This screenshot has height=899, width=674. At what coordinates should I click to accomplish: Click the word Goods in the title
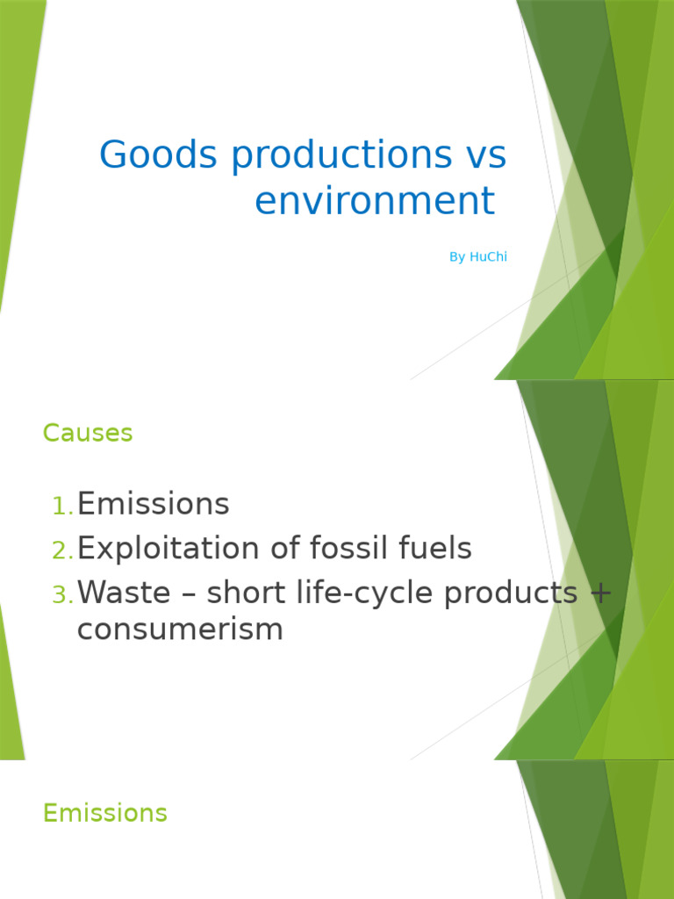click(x=159, y=155)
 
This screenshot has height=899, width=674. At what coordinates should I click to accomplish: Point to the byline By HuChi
click(x=478, y=257)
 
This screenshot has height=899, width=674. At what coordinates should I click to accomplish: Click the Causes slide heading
click(x=88, y=433)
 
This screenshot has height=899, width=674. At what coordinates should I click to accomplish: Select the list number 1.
click(x=62, y=506)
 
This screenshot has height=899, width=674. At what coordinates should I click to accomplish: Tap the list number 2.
click(x=62, y=550)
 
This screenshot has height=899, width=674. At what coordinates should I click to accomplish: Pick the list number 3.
click(x=62, y=595)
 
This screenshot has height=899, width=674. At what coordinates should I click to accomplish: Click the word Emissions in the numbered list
click(x=154, y=505)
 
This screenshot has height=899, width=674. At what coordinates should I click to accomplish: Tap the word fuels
click(x=434, y=550)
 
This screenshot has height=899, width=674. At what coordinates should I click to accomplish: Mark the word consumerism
click(x=180, y=629)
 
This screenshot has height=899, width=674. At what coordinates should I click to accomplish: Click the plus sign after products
click(x=600, y=594)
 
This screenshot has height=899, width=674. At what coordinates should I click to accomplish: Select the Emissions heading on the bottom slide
click(x=105, y=813)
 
